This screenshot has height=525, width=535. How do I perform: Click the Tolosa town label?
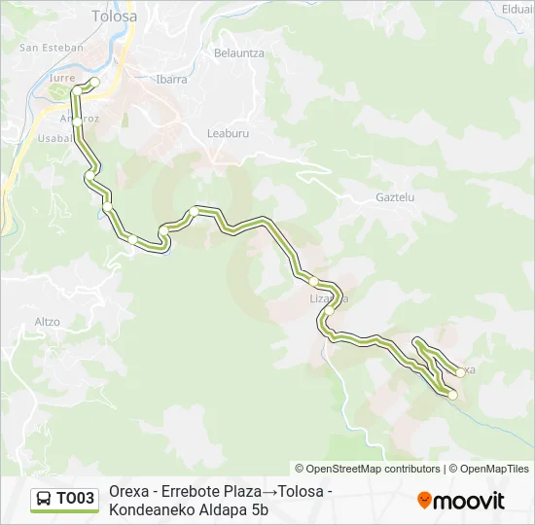tap(114, 17)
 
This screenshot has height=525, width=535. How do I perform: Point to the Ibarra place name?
tap(171, 80)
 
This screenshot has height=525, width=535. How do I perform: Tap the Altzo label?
tap(47, 321)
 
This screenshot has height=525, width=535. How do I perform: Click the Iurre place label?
tap(61, 78)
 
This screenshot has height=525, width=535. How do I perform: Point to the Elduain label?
tap(517, 10)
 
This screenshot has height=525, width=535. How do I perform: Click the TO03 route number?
tap(76, 499)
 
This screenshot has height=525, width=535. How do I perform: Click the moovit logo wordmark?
tap(470, 501)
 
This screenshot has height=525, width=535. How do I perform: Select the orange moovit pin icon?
tap(424, 500)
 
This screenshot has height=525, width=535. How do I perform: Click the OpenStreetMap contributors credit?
tap(368, 469)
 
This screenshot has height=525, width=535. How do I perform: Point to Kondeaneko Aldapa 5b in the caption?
tap(189, 509)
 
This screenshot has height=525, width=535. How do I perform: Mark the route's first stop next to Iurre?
tap(95, 83)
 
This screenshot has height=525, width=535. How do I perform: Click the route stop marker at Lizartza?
tap(315, 282)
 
